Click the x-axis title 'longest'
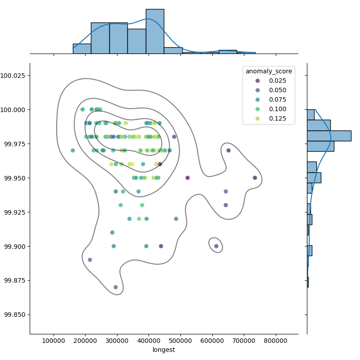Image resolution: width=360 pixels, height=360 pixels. click(164, 350)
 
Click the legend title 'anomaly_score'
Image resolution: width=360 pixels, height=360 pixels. click(269, 71)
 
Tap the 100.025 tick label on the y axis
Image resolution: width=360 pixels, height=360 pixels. click(15, 75)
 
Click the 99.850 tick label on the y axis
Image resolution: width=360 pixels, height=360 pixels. click(15, 315)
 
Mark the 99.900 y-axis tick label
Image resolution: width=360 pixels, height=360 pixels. click(15, 246)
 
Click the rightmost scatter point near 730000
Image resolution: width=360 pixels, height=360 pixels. click(255, 178)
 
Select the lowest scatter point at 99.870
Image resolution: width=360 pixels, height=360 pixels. click(116, 287)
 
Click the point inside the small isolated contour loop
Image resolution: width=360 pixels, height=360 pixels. click(216, 246)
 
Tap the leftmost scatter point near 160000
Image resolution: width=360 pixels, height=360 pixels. click(73, 150)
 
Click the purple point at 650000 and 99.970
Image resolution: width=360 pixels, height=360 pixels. click(229, 150)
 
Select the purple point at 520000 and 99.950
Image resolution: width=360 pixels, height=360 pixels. click(188, 178)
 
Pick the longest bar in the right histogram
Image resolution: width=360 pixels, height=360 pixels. click(328, 136)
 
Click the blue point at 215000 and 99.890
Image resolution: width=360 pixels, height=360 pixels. click(90, 260)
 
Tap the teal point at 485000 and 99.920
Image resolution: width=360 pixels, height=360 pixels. click(176, 219)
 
